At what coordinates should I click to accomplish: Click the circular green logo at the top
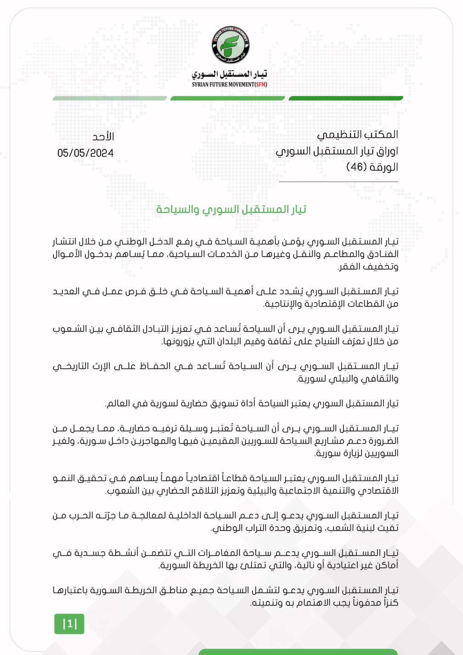click(x=231, y=46)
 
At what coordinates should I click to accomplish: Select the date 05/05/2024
click(x=85, y=153)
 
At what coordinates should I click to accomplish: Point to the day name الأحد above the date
click(x=103, y=137)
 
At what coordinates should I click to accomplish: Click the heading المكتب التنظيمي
click(x=357, y=135)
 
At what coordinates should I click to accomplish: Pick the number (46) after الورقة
click(x=356, y=167)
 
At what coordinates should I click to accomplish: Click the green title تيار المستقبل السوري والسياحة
click(x=231, y=209)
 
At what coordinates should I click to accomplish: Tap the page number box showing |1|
click(x=69, y=624)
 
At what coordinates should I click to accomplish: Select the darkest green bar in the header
click(x=346, y=99)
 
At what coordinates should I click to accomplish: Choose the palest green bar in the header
click(x=110, y=99)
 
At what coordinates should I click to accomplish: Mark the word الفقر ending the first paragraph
click(x=350, y=267)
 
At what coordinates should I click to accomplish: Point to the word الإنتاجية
click(x=282, y=304)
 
